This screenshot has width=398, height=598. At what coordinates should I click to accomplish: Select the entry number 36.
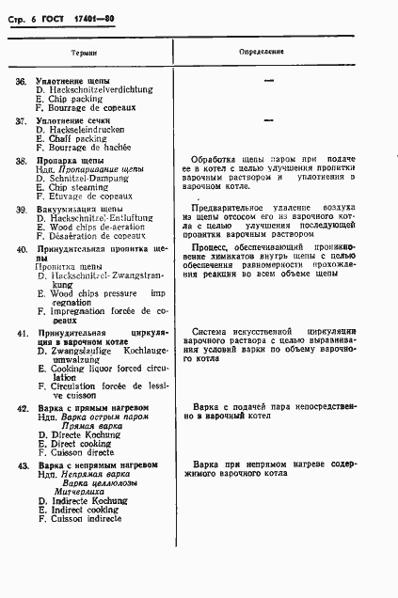[21, 82]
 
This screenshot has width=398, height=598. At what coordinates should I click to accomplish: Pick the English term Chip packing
[75, 99]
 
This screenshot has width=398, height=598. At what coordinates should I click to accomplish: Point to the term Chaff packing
[76, 138]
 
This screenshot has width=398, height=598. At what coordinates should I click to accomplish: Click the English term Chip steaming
[78, 186]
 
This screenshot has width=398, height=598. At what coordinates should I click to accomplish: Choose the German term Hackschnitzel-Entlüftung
[96, 218]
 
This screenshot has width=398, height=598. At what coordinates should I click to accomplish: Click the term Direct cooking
[79, 444]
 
